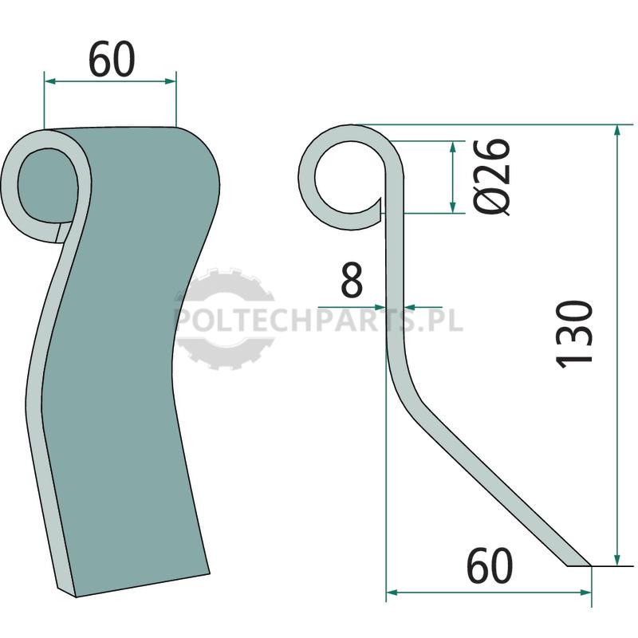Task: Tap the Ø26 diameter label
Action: point(492,176)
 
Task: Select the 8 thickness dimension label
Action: point(352,280)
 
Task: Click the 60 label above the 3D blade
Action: point(112,59)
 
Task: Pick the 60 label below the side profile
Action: point(489,566)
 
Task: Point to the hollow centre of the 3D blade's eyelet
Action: point(47,185)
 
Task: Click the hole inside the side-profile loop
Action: point(350,177)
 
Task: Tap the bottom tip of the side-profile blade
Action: point(591,565)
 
